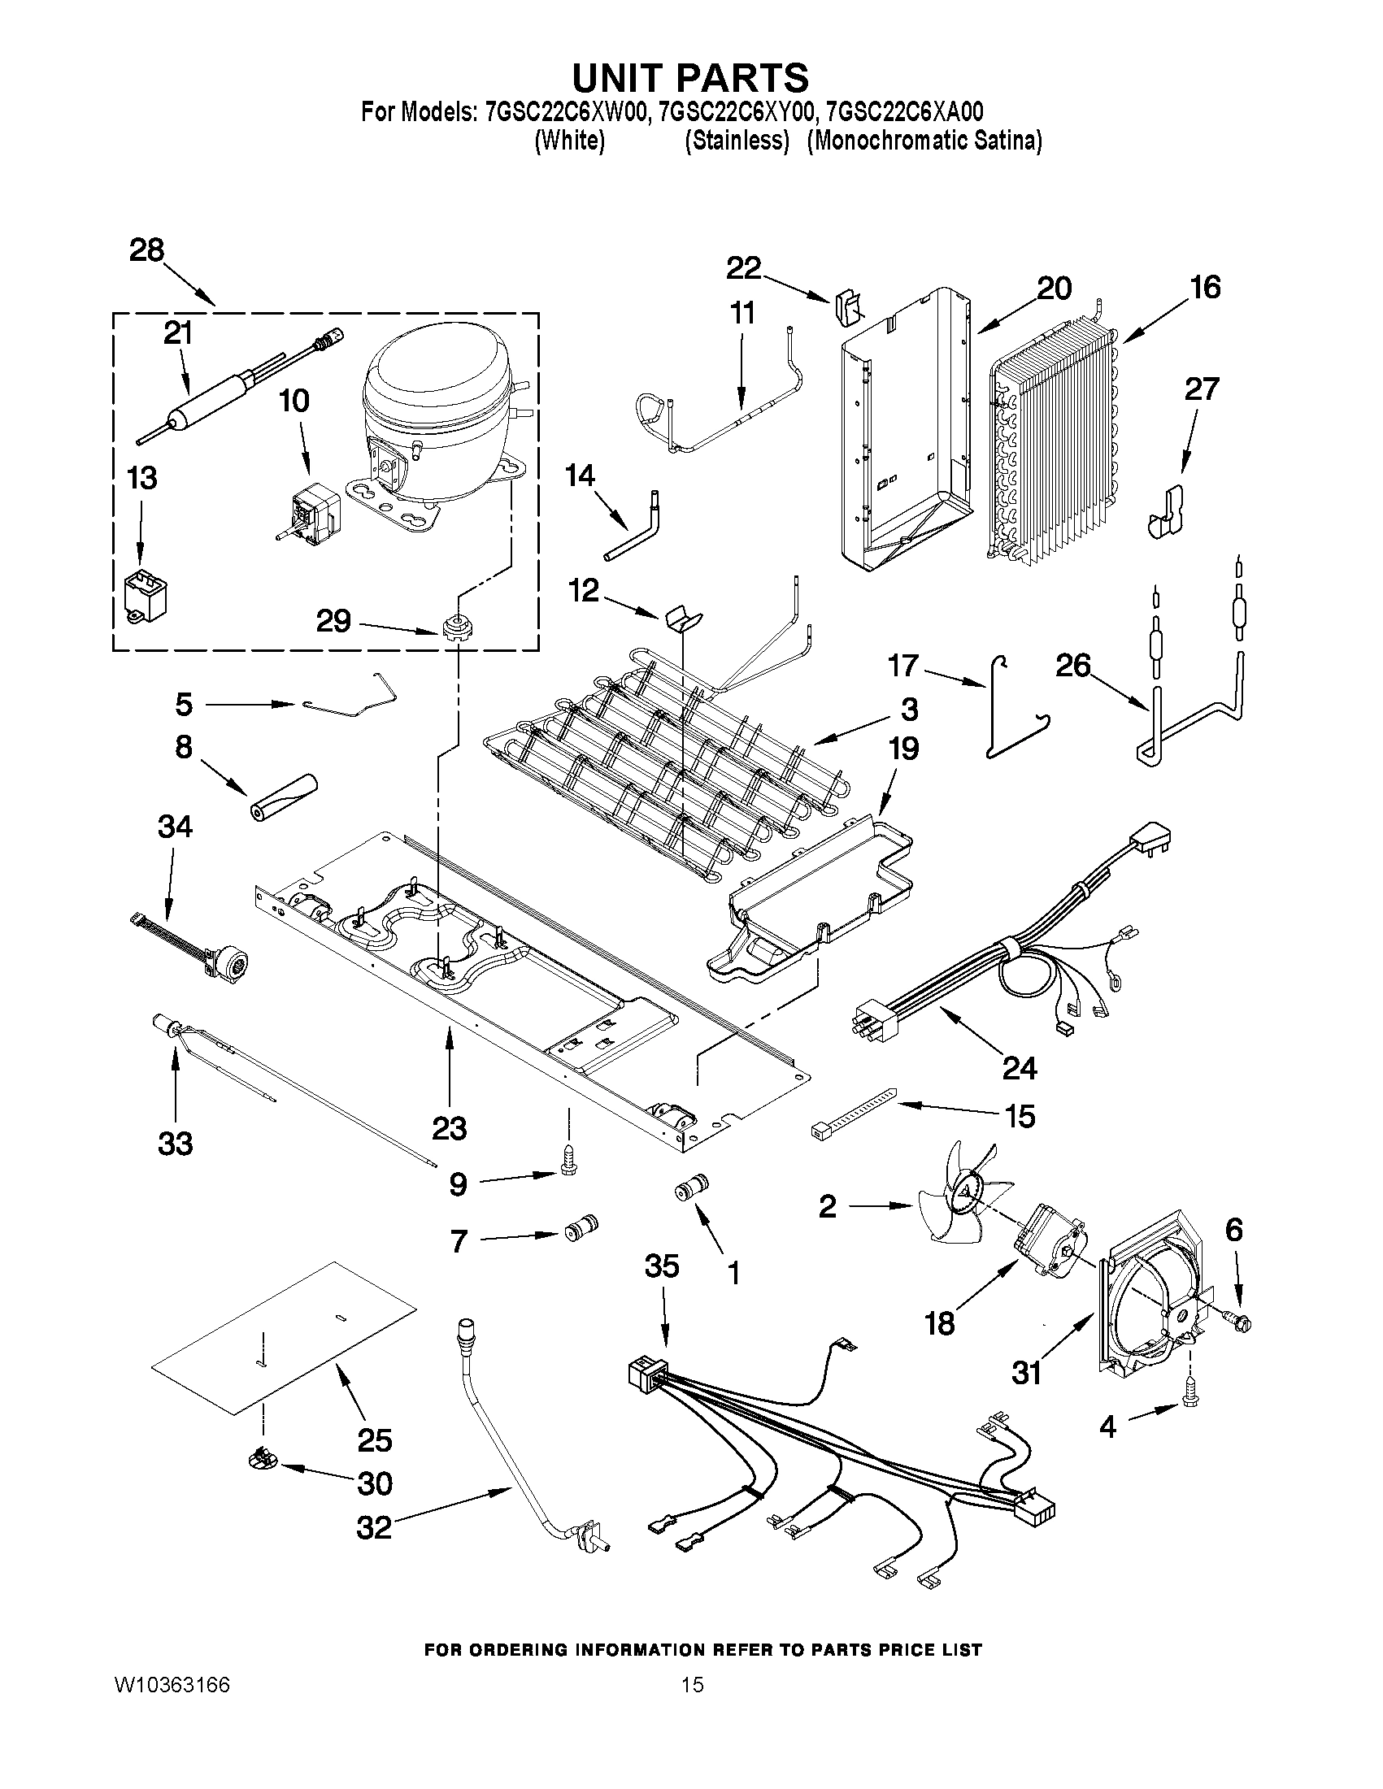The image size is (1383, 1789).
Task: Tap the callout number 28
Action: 146,250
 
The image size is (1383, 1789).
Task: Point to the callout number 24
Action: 1019,1067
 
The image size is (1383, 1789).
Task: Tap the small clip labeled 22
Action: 850,307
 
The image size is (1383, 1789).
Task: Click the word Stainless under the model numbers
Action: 737,141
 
